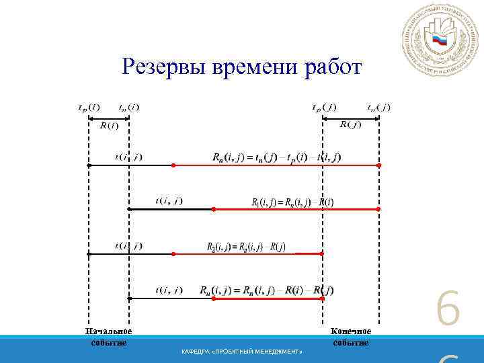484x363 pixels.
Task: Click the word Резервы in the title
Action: tap(164, 67)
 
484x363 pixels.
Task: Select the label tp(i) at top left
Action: tap(89, 107)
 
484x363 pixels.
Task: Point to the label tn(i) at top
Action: tap(129, 107)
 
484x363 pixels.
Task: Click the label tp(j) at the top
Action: tap(325, 107)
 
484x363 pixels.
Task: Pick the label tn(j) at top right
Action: tap(378, 107)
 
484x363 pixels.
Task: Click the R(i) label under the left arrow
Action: tap(109, 125)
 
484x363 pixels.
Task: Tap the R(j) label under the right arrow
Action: tap(351, 124)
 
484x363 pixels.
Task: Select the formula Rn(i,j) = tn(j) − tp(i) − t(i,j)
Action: tap(276, 157)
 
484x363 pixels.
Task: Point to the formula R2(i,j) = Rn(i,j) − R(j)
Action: tap(246, 246)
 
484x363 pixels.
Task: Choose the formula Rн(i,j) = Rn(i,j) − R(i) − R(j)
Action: tap(266, 290)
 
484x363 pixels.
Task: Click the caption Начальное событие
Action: tap(108, 336)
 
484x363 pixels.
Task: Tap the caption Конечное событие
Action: tap(351, 336)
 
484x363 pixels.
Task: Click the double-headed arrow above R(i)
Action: tap(109, 118)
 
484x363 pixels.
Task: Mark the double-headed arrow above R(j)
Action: tap(351, 118)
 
